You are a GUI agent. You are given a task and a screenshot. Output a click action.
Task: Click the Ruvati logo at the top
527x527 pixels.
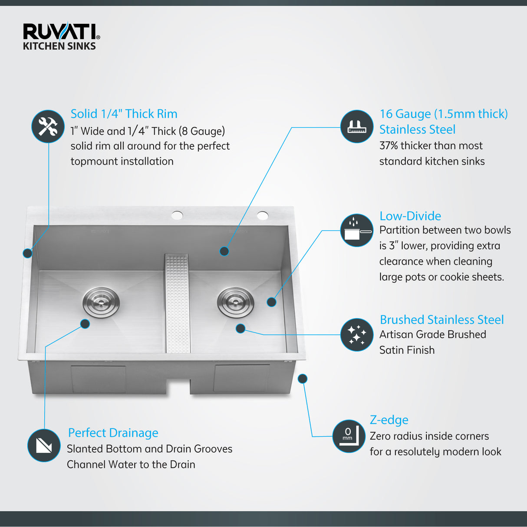click(61, 32)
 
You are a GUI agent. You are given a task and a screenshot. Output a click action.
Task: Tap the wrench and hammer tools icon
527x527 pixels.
click(48, 126)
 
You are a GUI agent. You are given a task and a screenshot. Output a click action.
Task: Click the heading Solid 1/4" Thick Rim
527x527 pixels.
click(124, 114)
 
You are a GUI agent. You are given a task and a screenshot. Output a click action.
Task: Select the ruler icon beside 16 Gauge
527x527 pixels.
click(356, 126)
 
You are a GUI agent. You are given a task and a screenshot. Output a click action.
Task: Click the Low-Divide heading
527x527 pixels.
click(410, 216)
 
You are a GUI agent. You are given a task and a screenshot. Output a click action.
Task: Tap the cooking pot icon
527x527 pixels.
click(356, 231)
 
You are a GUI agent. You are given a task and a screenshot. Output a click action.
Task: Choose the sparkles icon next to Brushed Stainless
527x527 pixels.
click(356, 335)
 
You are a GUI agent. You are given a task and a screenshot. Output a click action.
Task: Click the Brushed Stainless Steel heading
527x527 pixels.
click(441, 319)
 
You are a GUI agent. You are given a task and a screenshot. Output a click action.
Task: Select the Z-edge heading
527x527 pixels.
click(389, 420)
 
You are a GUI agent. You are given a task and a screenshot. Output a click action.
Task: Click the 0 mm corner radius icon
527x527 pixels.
click(349, 436)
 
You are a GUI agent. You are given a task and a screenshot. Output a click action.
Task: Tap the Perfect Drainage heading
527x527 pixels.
click(113, 433)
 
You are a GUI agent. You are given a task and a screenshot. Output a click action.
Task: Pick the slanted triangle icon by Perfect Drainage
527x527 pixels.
click(44, 445)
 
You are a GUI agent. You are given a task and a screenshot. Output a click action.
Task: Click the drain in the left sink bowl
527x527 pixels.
click(101, 302)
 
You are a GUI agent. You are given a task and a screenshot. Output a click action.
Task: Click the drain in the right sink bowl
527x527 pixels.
click(235, 302)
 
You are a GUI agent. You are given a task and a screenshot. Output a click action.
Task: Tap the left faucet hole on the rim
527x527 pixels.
click(177, 215)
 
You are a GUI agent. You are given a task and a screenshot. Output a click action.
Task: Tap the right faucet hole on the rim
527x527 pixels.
click(262, 215)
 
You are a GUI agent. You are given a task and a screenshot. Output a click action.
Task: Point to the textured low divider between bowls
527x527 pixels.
click(178, 304)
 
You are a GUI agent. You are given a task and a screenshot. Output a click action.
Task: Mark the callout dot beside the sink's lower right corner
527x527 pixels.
click(303, 379)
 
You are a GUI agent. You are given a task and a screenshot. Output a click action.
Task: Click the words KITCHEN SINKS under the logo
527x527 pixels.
click(59, 46)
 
